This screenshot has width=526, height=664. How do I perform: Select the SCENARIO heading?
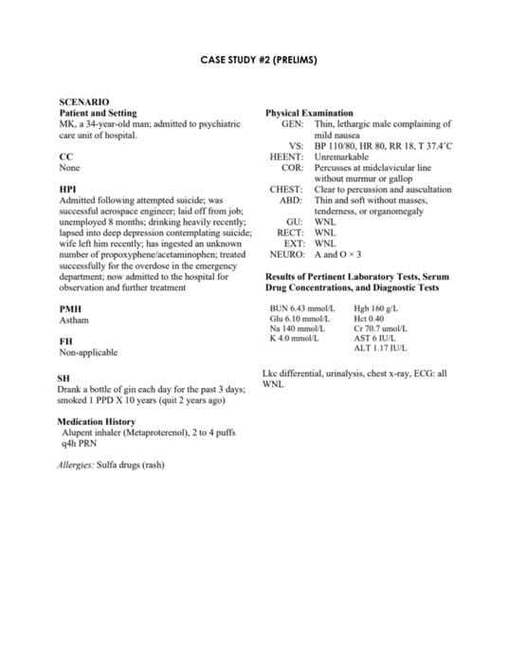tap(83, 101)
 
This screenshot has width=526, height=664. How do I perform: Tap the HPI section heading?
tap(67, 190)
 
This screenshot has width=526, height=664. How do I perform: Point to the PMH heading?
tap(69, 309)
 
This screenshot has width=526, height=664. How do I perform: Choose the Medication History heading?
tap(96, 421)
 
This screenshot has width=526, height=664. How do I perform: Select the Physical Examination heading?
tap(309, 113)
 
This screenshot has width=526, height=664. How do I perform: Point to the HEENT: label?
tap(286, 157)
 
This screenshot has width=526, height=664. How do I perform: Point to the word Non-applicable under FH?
tap(88, 352)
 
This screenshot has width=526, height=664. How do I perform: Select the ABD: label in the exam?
tap(290, 200)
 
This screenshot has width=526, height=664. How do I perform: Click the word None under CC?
tap(68, 167)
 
